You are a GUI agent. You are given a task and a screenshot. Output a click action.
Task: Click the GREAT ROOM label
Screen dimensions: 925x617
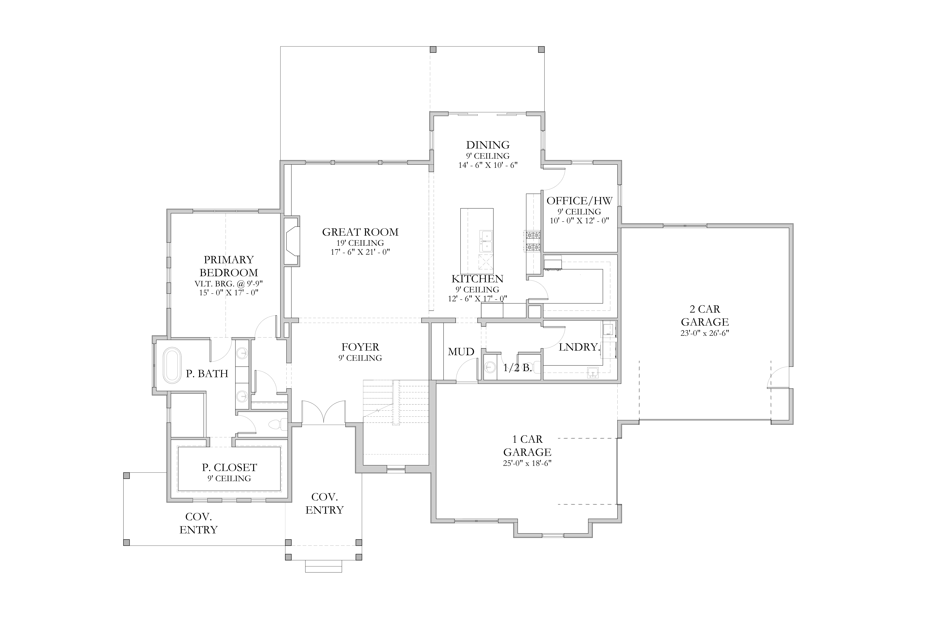point(360,232)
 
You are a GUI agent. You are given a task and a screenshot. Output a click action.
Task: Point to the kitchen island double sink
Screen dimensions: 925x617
point(486,241)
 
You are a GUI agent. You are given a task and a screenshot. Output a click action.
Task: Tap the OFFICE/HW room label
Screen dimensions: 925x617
point(579,201)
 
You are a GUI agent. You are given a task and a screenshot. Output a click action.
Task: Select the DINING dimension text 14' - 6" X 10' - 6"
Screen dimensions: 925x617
point(488,165)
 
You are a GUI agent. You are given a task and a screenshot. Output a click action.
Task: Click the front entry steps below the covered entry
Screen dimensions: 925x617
point(324,566)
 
